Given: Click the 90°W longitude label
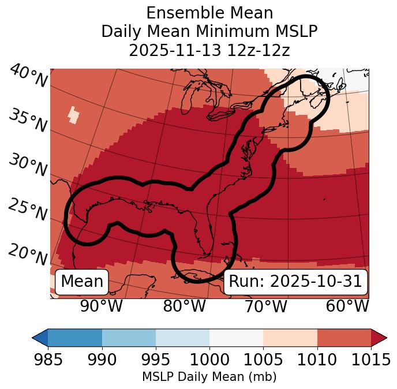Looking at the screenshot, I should pyautogui.click(x=101, y=306).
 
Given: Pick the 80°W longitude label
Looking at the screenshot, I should pyautogui.click(x=184, y=306).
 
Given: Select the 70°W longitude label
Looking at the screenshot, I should pyautogui.click(x=265, y=306).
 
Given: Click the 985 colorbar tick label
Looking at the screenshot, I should pyautogui.click(x=48, y=360).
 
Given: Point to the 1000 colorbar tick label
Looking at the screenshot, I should pyautogui.click(x=209, y=360).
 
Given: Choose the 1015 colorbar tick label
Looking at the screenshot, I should pyautogui.click(x=371, y=360).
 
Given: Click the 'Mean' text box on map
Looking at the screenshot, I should pyautogui.click(x=82, y=282).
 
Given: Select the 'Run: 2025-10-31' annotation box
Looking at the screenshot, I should pyautogui.click(x=295, y=282).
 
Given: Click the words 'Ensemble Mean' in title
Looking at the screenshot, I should pyautogui.click(x=209, y=13).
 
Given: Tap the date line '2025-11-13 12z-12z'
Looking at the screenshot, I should pyautogui.click(x=209, y=50).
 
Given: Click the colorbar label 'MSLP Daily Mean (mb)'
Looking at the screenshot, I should pyautogui.click(x=209, y=377).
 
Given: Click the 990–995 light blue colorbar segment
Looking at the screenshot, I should pyautogui.click(x=129, y=338).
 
